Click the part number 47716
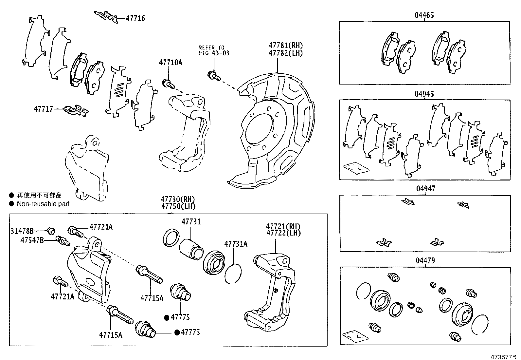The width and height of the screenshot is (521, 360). pos(135,18)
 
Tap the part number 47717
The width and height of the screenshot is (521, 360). pos(43,108)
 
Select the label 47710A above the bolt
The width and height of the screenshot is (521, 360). pos(171,62)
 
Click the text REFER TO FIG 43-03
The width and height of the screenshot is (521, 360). pos(214,50)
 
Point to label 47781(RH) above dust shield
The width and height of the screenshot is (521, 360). pos(286,45)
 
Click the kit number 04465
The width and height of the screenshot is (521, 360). pos(424,15)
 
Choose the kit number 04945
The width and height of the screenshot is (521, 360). pos(424,94)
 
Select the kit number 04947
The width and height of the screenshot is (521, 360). pos(426,189)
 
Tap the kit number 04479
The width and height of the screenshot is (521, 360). pos(425,261)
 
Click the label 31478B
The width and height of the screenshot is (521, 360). pos(22,231)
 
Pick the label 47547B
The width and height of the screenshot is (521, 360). pos(32,240)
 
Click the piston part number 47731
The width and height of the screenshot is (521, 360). pos(191,222)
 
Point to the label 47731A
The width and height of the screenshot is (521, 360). pos(236,244)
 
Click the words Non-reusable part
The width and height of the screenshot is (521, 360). pos(43,204)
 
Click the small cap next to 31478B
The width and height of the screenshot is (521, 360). pos(51,231)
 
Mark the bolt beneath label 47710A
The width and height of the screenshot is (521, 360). pos(168,84)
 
